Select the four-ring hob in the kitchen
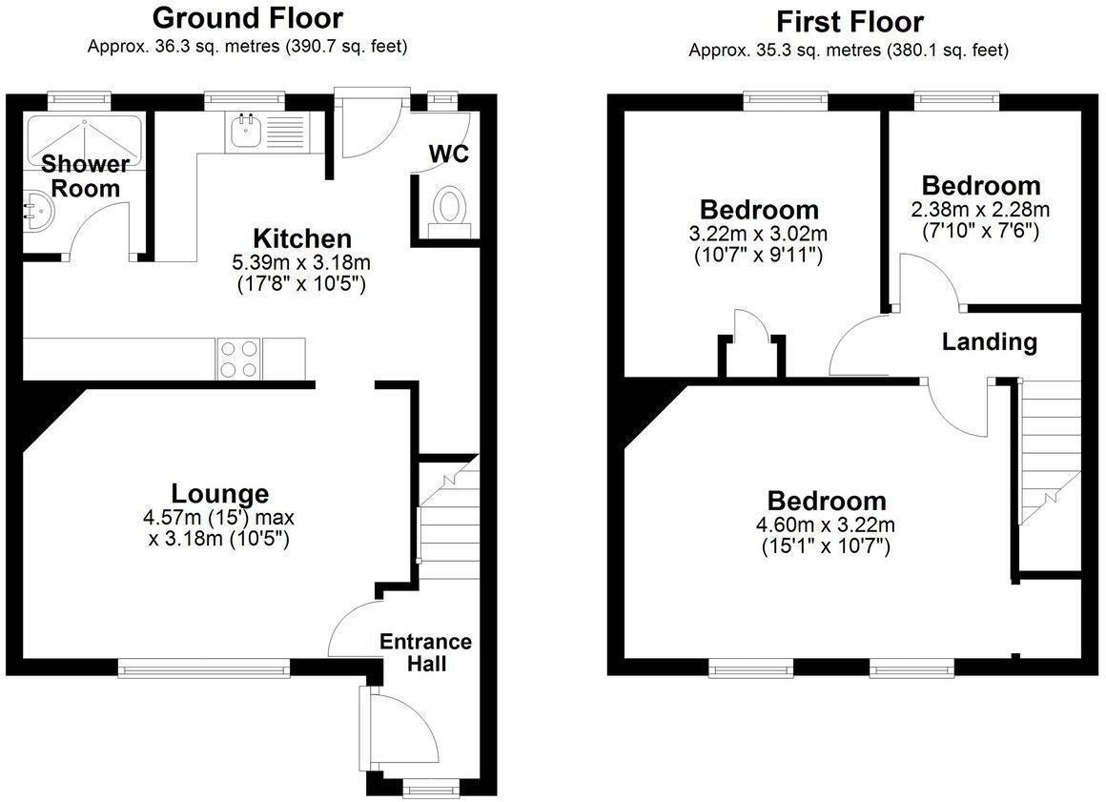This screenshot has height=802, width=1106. pyautogui.click(x=239, y=359)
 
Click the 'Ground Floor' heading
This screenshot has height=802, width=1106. pyautogui.click(x=248, y=17)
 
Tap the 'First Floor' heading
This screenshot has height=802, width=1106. pyautogui.click(x=850, y=22)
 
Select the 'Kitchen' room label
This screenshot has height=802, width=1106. pyautogui.click(x=302, y=238)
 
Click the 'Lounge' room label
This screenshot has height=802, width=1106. pyautogui.click(x=220, y=493)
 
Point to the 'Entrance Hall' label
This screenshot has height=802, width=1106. pyautogui.click(x=425, y=652)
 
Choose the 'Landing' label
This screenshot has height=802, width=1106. pyautogui.click(x=990, y=342)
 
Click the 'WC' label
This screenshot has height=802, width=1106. pyautogui.click(x=449, y=154)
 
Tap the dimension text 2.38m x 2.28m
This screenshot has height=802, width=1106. pyautogui.click(x=980, y=210)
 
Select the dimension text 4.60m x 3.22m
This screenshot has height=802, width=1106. pyautogui.click(x=826, y=524)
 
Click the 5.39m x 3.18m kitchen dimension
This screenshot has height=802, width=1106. pyautogui.click(x=301, y=263)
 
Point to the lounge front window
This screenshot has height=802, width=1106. pyautogui.click(x=204, y=668)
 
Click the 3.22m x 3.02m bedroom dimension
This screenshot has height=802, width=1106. pyautogui.click(x=758, y=233)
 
